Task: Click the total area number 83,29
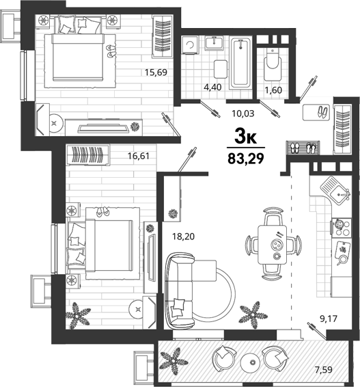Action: tap(246, 159)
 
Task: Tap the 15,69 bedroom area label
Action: tap(156, 72)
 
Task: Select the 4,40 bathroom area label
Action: tap(212, 87)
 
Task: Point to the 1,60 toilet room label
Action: tap(273, 90)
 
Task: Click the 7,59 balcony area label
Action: tap(324, 370)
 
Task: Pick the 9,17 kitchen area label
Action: tap(328, 319)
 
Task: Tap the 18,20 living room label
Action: tap(184, 237)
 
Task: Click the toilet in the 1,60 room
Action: tap(273, 65)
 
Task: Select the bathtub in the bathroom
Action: tap(240, 63)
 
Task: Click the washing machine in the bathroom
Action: tap(190, 45)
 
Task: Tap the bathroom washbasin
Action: tap(214, 43)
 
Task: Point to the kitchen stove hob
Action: tap(342, 228)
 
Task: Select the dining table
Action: tap(273, 245)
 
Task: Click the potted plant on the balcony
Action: tap(174, 361)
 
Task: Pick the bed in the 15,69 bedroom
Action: tap(77, 57)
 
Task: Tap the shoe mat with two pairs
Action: tap(303, 148)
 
